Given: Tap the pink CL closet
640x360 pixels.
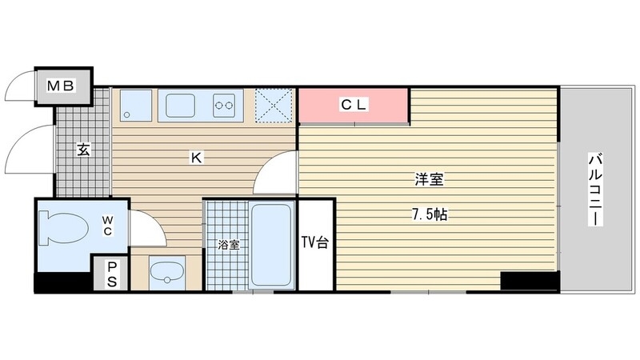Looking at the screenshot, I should [353, 106].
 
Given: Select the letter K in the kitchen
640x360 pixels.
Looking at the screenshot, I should [195, 158].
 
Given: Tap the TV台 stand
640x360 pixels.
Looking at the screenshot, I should [314, 243].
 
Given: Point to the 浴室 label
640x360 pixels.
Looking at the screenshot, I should [229, 245].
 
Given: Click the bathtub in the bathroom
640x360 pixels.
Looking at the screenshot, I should [273, 246].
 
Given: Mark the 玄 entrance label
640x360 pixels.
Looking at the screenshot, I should [83, 149].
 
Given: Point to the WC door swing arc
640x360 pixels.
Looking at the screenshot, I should [148, 226].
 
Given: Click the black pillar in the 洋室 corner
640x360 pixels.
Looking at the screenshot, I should [529, 281].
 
